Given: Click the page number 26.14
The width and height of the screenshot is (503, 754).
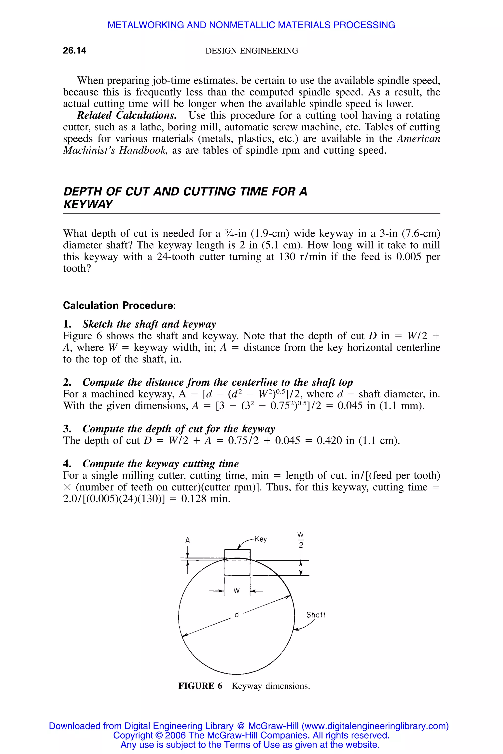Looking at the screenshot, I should click(74, 51).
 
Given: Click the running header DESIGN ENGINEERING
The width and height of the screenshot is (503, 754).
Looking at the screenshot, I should click(251, 51).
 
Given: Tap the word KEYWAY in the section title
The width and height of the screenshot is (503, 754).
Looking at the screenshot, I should click(88, 204).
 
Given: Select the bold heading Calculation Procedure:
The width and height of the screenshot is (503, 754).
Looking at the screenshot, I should click(119, 305).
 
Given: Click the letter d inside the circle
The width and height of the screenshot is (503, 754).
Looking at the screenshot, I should click(237, 615).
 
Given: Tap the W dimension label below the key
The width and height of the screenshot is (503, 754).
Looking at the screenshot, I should click(237, 591).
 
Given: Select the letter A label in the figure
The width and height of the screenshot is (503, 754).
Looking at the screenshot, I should click(188, 540).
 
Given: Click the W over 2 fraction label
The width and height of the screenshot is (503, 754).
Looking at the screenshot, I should click(301, 540).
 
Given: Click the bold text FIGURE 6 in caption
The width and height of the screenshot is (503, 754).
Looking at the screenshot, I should click(200, 686).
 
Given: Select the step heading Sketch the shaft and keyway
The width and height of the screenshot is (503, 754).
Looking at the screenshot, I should click(149, 324).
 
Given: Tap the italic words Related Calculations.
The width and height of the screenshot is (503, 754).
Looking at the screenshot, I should click(127, 115).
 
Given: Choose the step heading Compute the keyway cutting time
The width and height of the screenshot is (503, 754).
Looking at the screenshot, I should click(160, 464).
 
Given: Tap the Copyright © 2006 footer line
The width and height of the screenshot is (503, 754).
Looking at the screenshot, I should click(251, 735).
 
